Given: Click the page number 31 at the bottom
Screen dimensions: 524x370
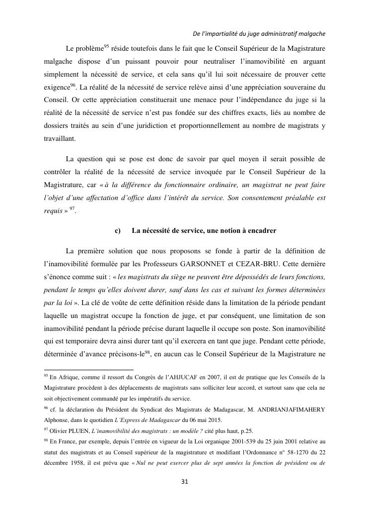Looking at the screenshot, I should (x=185, y=481).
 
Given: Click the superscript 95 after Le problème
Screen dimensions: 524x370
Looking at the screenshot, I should (x=106, y=47).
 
